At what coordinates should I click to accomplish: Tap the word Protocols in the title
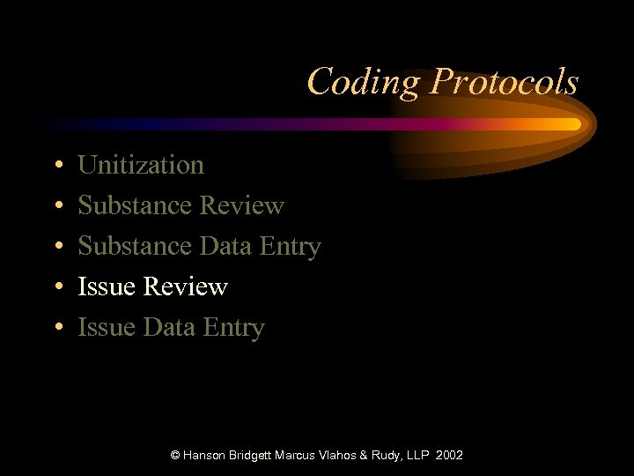(x=504, y=83)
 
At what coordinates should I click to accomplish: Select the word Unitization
(x=141, y=165)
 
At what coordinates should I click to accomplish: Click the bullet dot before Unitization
(x=56, y=166)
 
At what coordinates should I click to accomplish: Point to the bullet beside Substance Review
(x=56, y=206)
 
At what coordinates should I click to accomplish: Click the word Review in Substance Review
(x=241, y=205)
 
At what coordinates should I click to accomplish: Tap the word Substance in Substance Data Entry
(x=135, y=246)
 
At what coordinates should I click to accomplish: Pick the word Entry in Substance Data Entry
(x=290, y=247)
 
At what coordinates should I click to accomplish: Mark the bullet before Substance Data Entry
(x=56, y=247)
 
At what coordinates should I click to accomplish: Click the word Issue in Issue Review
(x=107, y=286)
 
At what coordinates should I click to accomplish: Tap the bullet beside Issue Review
(x=56, y=287)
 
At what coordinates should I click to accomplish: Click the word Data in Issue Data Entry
(x=168, y=327)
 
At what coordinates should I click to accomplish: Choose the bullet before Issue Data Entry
(x=56, y=328)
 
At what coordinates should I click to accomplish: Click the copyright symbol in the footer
(x=175, y=455)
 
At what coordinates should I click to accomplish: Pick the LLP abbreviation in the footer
(x=416, y=455)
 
